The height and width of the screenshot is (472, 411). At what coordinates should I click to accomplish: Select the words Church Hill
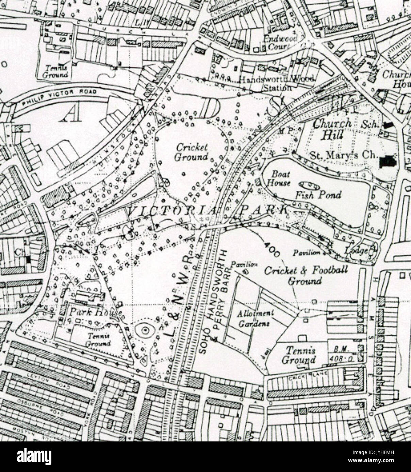coord(332,129)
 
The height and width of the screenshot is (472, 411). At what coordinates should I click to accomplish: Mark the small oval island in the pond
coord(309,185)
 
